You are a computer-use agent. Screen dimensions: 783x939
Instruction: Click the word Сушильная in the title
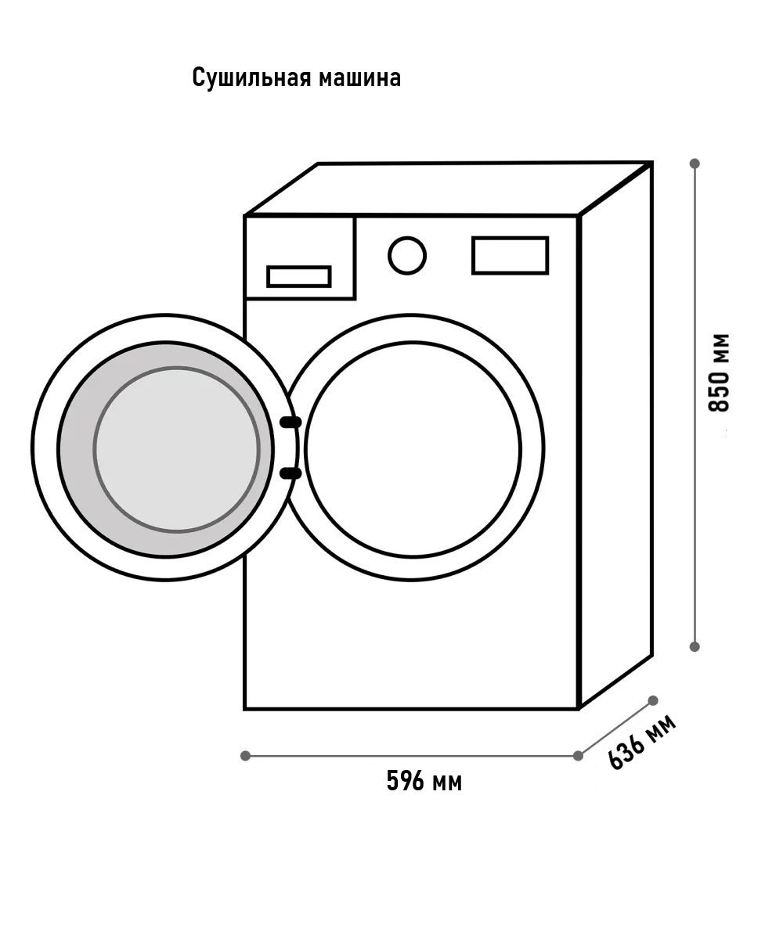coord(251,77)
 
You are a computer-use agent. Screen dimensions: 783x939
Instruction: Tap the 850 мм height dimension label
coord(719,372)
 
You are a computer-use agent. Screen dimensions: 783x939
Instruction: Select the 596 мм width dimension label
coord(424,781)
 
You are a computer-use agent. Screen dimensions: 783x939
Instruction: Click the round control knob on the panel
coord(407,255)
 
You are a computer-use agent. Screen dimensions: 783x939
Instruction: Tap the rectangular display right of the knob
coord(510,255)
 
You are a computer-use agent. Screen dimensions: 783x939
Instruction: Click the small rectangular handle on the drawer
coord(299,276)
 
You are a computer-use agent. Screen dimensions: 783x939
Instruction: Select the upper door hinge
coord(290,423)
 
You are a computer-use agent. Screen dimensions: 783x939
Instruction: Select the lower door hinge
coord(290,473)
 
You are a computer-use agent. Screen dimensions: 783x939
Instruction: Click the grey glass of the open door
coord(176,450)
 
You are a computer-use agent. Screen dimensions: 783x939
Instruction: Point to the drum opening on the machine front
coord(413,450)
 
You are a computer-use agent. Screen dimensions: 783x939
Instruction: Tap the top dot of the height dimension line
coord(695,164)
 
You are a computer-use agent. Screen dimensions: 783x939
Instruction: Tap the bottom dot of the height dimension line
coord(695,646)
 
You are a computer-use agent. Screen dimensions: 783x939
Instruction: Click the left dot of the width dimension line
coord(245,756)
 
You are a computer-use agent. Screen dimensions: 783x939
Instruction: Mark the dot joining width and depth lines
coord(579,756)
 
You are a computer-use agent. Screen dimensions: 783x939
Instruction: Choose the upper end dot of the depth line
coord(653,700)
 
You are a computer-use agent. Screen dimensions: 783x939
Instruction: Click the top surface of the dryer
coord(448,189)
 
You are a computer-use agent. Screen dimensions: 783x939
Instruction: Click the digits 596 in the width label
coord(405,781)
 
